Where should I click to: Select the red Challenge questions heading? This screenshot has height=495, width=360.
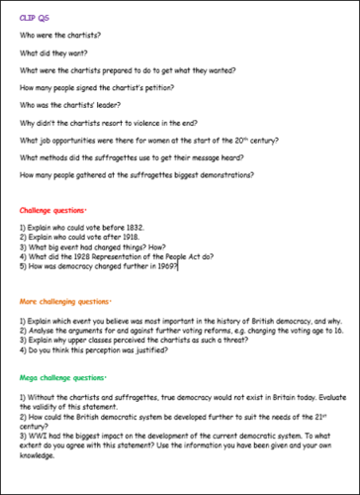click(57, 211)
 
